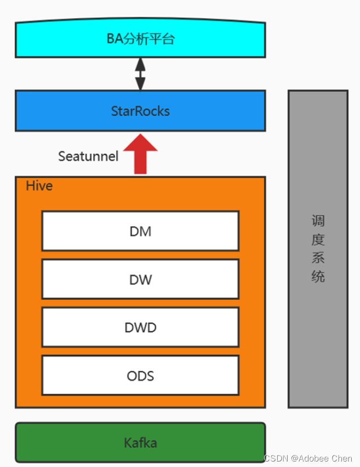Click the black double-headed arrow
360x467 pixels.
(x=140, y=74)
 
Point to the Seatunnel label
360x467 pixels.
(x=88, y=156)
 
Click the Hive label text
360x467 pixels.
(x=39, y=186)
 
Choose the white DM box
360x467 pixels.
(x=140, y=231)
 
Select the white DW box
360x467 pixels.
(x=140, y=279)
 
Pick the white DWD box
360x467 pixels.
(x=140, y=327)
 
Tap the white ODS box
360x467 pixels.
(x=140, y=376)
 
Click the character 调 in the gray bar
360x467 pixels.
(x=318, y=221)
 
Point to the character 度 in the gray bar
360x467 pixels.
(x=318, y=239)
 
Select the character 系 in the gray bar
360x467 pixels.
(x=318, y=258)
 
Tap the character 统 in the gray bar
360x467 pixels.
(x=318, y=276)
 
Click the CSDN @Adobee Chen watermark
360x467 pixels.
(x=308, y=458)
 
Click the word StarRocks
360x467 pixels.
(x=140, y=111)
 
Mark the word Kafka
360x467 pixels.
(x=140, y=442)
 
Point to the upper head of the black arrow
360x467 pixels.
(x=140, y=63)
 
